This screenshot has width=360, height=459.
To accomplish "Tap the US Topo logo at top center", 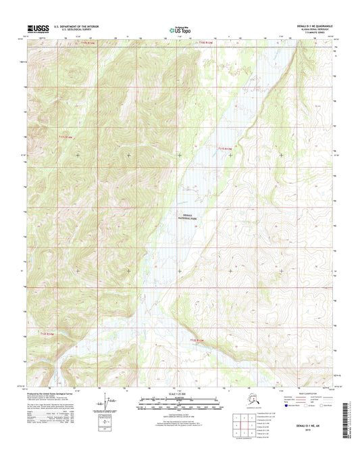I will pos(179,30).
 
